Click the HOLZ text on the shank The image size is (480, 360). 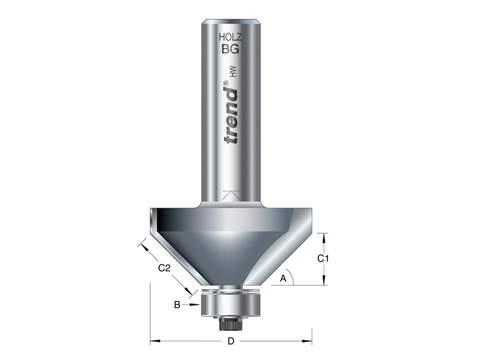(230, 37)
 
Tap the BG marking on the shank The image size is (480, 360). (230, 50)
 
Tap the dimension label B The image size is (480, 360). (178, 305)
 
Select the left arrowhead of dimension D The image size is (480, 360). (154, 342)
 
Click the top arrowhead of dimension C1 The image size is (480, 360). (324, 237)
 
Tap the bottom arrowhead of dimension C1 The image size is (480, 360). (324, 281)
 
